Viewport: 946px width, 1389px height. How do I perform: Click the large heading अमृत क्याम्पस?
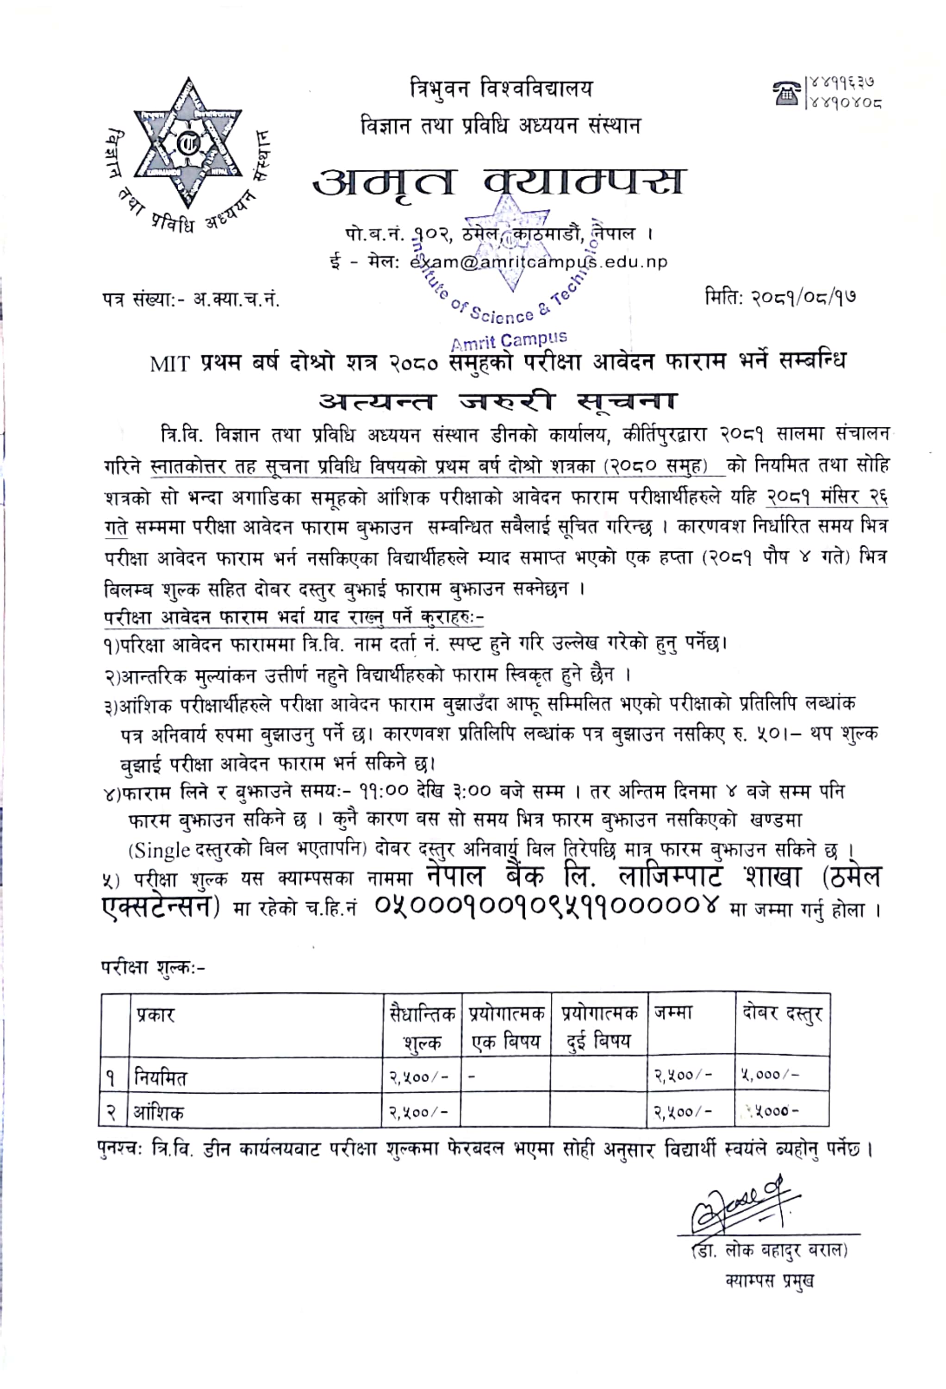pos(498,181)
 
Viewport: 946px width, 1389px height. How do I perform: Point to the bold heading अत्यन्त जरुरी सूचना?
pos(497,401)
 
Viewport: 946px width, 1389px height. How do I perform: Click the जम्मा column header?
pos(673,1013)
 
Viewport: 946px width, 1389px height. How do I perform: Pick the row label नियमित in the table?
pos(160,1077)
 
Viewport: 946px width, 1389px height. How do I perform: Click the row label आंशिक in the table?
pos(159,1112)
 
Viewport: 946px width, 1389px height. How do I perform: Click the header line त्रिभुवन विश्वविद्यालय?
pos(501,89)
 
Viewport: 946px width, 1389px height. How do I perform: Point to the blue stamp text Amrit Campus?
pos(509,340)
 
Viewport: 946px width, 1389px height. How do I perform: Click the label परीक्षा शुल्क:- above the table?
pos(153,966)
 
